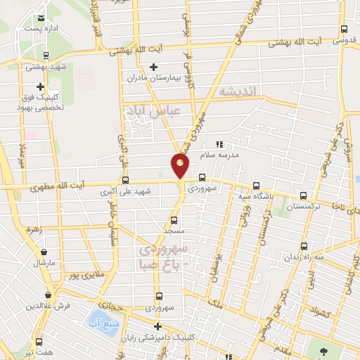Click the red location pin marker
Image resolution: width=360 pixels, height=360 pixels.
pos(181,166)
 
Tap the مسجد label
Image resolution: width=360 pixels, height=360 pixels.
pos(174,231)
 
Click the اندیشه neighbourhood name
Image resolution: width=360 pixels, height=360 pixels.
pos(239,91)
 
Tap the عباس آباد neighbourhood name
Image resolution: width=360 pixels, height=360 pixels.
pos(153,111)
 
